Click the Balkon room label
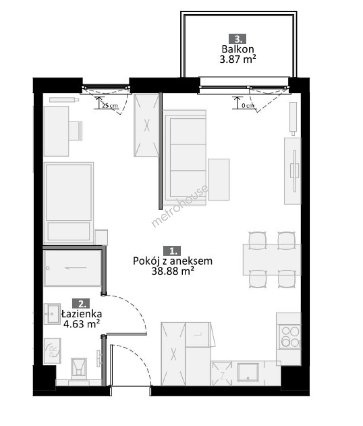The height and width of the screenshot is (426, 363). [x=238, y=49]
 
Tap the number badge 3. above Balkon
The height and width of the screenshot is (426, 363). [x=238, y=39]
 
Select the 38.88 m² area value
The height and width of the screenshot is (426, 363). [x=172, y=271]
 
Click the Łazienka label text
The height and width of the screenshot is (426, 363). [x=82, y=314]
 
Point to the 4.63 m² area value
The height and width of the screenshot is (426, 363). [x=81, y=323]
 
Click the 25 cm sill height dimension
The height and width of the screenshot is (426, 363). [x=110, y=106]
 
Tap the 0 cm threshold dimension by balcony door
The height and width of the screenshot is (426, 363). [x=248, y=106]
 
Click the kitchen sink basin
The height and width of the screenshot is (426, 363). [x=248, y=372]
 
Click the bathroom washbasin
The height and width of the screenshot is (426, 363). [x=52, y=314]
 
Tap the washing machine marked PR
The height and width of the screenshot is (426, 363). [x=52, y=351]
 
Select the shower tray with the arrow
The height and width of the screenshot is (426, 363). [x=72, y=268]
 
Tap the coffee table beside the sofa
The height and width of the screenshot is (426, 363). [x=219, y=179]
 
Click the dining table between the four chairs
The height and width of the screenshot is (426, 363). [x=272, y=260]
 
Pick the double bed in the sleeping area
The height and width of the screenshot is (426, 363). [x=69, y=203]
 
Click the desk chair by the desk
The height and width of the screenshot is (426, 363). [x=75, y=131]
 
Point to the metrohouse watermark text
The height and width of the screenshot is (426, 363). [x=180, y=206]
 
